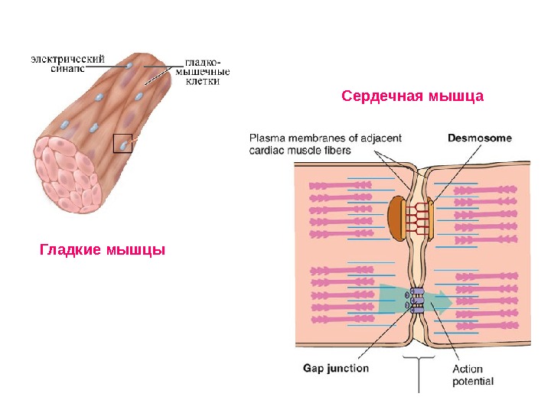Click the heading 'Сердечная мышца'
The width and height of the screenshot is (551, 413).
[412, 97]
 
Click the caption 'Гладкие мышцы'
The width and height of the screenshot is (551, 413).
[103, 250]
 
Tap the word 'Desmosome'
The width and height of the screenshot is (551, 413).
[480, 138]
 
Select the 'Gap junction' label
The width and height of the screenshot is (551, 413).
[336, 368]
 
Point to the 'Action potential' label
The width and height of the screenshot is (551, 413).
[473, 375]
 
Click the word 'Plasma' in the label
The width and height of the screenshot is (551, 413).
[267, 138]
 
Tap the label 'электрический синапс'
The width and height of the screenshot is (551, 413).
[67, 61]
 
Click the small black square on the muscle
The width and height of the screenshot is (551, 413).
[122, 144]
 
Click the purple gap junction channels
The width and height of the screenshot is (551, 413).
[417, 301]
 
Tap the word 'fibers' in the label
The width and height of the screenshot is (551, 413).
[337, 151]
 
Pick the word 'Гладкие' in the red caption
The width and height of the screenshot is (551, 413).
[70, 250]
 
